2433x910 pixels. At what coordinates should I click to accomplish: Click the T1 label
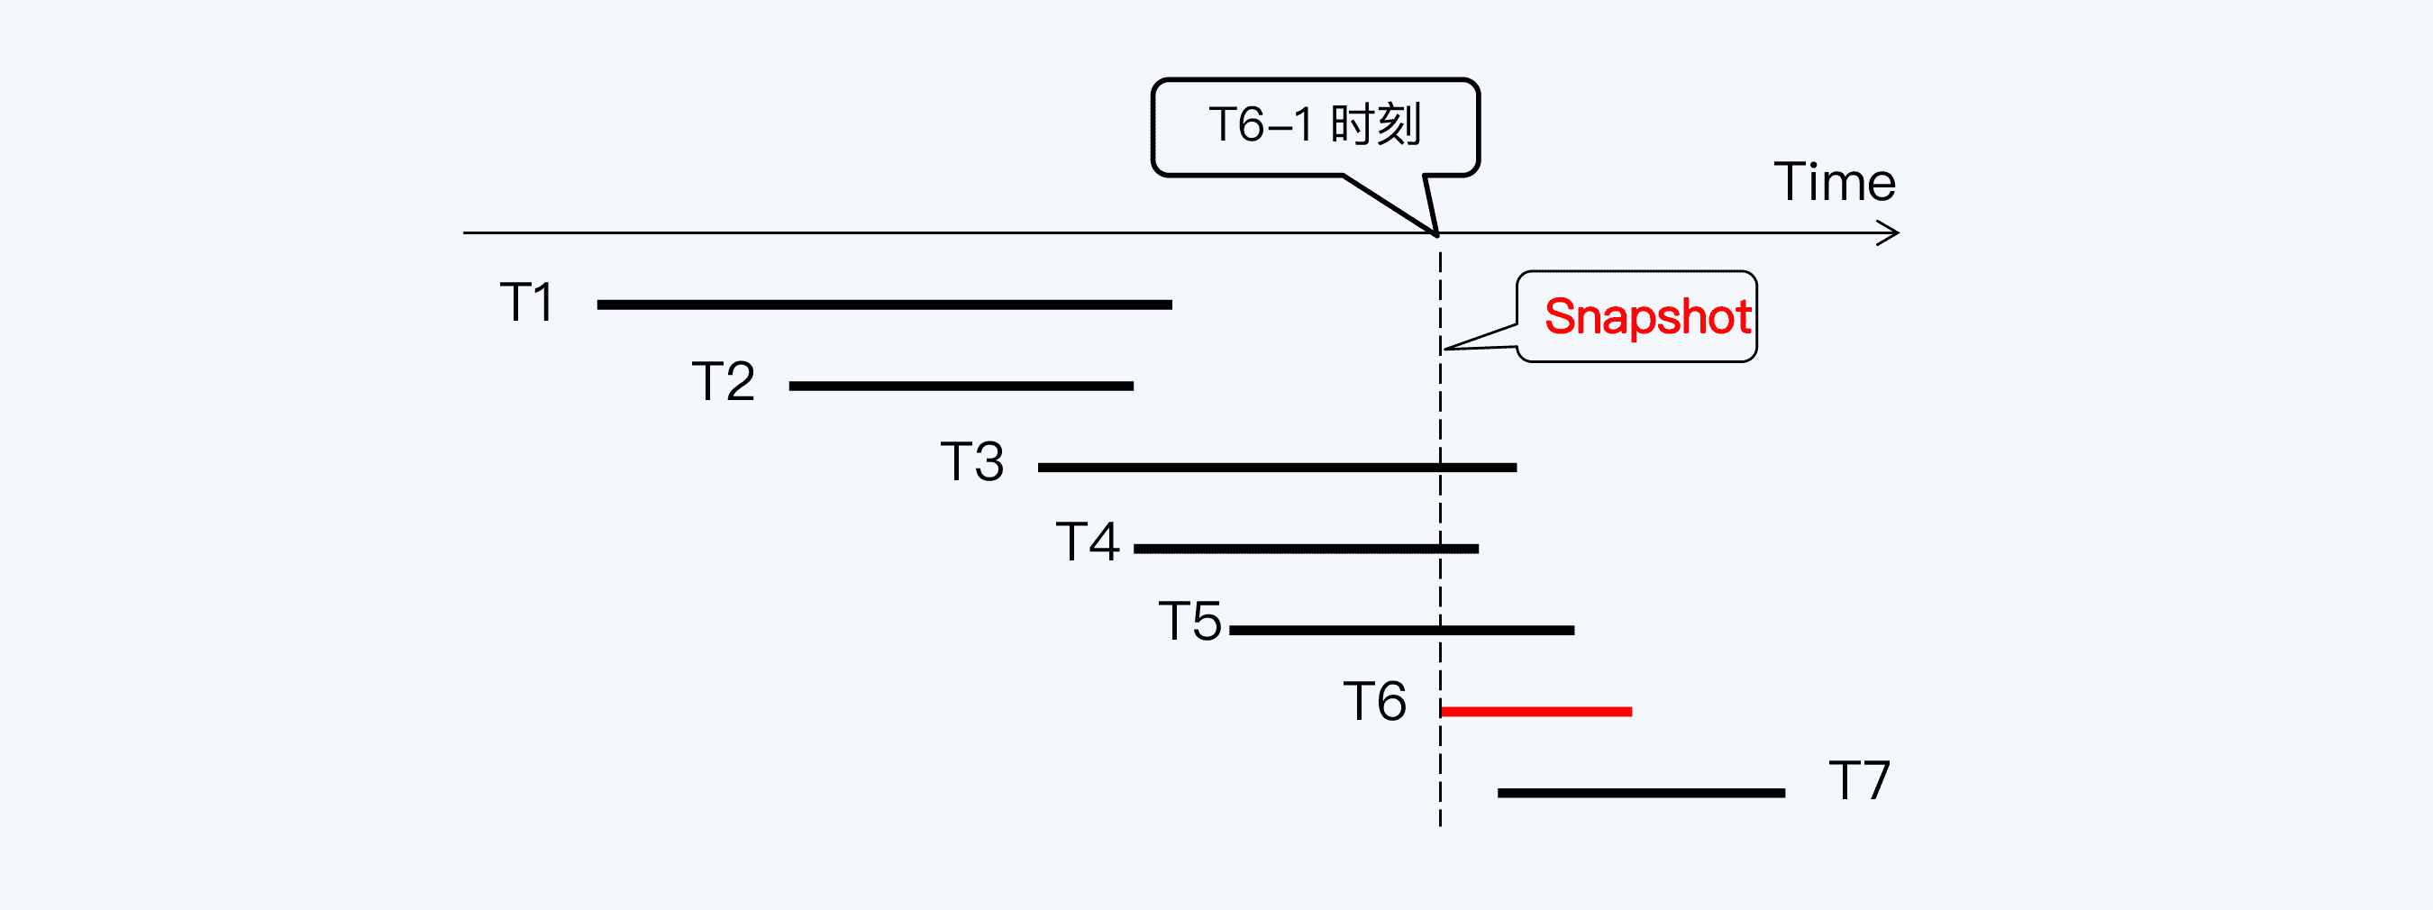point(526,302)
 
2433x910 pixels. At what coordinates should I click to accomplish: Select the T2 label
point(724,381)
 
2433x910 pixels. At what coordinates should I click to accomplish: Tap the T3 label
point(972,461)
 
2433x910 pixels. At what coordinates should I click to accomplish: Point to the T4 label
point(1087,541)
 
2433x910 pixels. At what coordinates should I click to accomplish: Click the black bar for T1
point(884,305)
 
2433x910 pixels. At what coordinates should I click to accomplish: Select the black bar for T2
point(961,387)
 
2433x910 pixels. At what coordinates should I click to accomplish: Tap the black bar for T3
point(1276,468)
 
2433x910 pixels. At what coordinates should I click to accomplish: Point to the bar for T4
point(1306,549)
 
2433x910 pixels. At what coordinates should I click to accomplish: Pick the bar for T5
point(1400,630)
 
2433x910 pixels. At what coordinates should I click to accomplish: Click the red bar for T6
point(1536,711)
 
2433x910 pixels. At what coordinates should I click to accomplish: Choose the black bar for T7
point(1641,793)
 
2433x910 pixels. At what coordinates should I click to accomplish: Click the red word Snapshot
point(1647,317)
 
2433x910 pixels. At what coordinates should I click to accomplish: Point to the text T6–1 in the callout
point(1261,124)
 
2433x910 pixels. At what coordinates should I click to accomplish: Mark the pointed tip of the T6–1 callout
point(1436,233)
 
